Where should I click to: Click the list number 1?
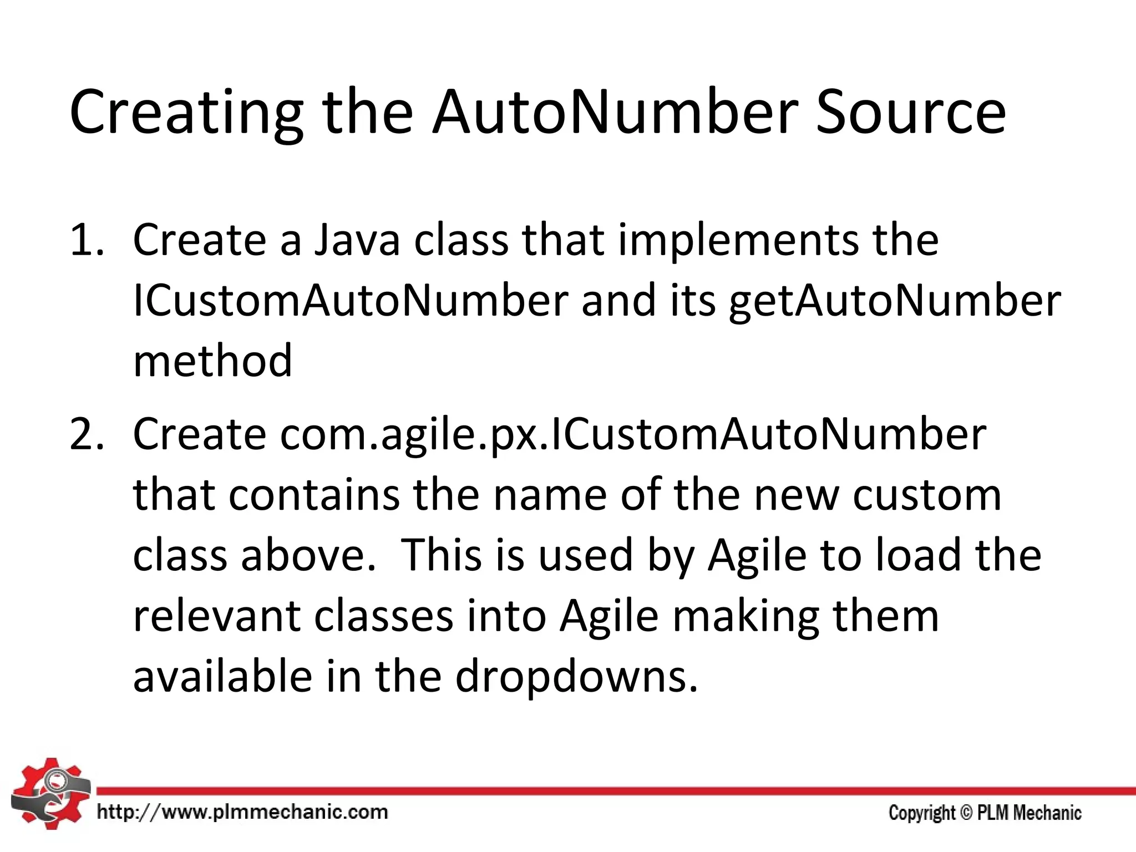click(x=87, y=240)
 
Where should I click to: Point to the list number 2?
click(x=87, y=434)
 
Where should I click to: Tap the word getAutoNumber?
click(x=894, y=301)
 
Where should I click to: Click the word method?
click(x=212, y=361)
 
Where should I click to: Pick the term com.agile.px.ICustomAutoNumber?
click(x=633, y=434)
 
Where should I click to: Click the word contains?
click(x=314, y=495)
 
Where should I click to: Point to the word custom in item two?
click(x=927, y=495)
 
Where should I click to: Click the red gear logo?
click(x=50, y=794)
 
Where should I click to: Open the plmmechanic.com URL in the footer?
click(x=242, y=813)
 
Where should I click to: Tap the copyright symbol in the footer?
click(x=966, y=813)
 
